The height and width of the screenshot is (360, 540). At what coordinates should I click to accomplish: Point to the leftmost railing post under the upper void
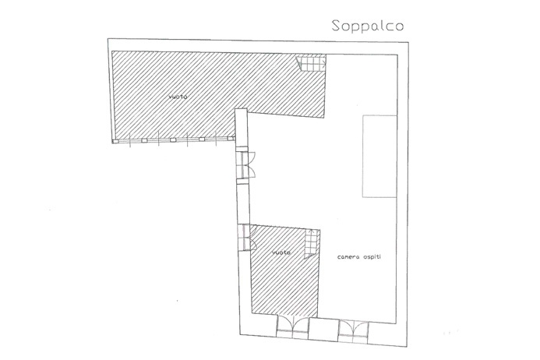(116, 142)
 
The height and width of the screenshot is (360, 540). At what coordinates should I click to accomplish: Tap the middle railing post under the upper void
(172, 140)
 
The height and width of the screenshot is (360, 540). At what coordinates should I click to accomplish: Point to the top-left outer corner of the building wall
(105, 37)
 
